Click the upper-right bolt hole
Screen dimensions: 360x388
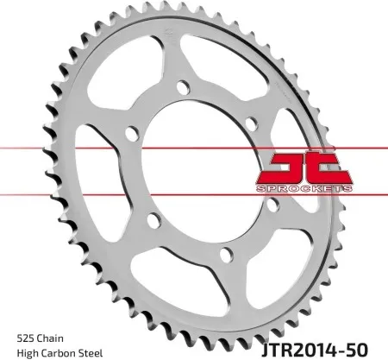[x=250, y=123]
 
